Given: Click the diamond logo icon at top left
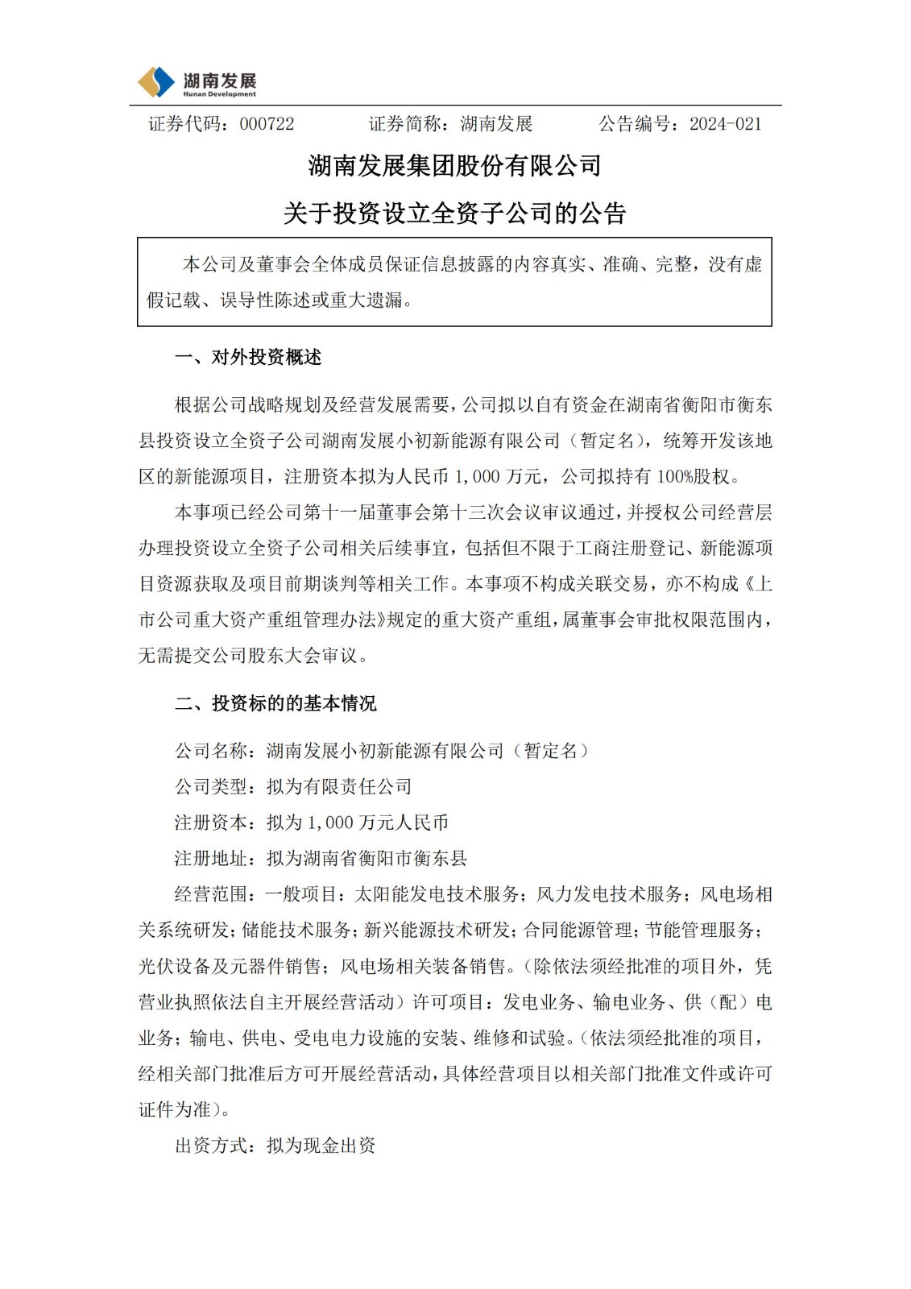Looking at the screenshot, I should point(156,82).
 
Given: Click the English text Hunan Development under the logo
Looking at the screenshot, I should point(219,94).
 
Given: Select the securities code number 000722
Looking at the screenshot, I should point(267,124).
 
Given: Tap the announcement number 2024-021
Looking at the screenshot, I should point(725,124).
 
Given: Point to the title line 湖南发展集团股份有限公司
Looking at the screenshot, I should point(455,166).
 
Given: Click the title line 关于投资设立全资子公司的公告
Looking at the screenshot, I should point(455,213).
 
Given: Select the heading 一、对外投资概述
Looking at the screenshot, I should point(248,358).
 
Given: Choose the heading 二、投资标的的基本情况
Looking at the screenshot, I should point(275,704).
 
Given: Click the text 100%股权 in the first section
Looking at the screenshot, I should point(698,477).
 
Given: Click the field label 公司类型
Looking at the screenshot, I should point(211,787).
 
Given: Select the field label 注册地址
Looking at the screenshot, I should point(211,859).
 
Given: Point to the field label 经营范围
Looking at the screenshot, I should point(211,895).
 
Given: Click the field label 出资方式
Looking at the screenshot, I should point(211,1146).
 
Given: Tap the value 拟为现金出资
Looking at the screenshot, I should point(321,1146).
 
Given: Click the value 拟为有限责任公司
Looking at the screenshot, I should point(339,787).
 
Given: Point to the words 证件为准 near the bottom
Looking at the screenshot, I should point(174,1110).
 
